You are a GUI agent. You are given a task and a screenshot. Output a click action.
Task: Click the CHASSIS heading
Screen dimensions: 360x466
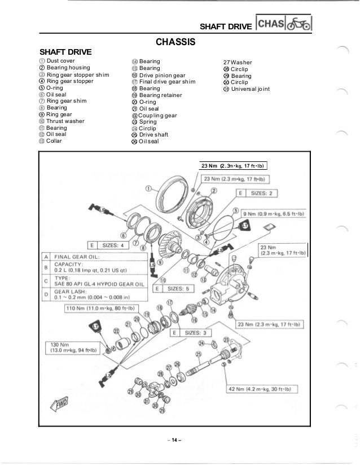[x=175, y=42]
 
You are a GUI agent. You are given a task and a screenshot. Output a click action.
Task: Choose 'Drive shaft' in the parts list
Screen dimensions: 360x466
[x=153, y=135]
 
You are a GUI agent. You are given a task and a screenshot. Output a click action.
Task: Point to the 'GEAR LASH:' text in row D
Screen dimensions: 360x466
[x=71, y=292]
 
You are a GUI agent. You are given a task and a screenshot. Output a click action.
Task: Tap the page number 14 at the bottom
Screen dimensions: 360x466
[x=175, y=440]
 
